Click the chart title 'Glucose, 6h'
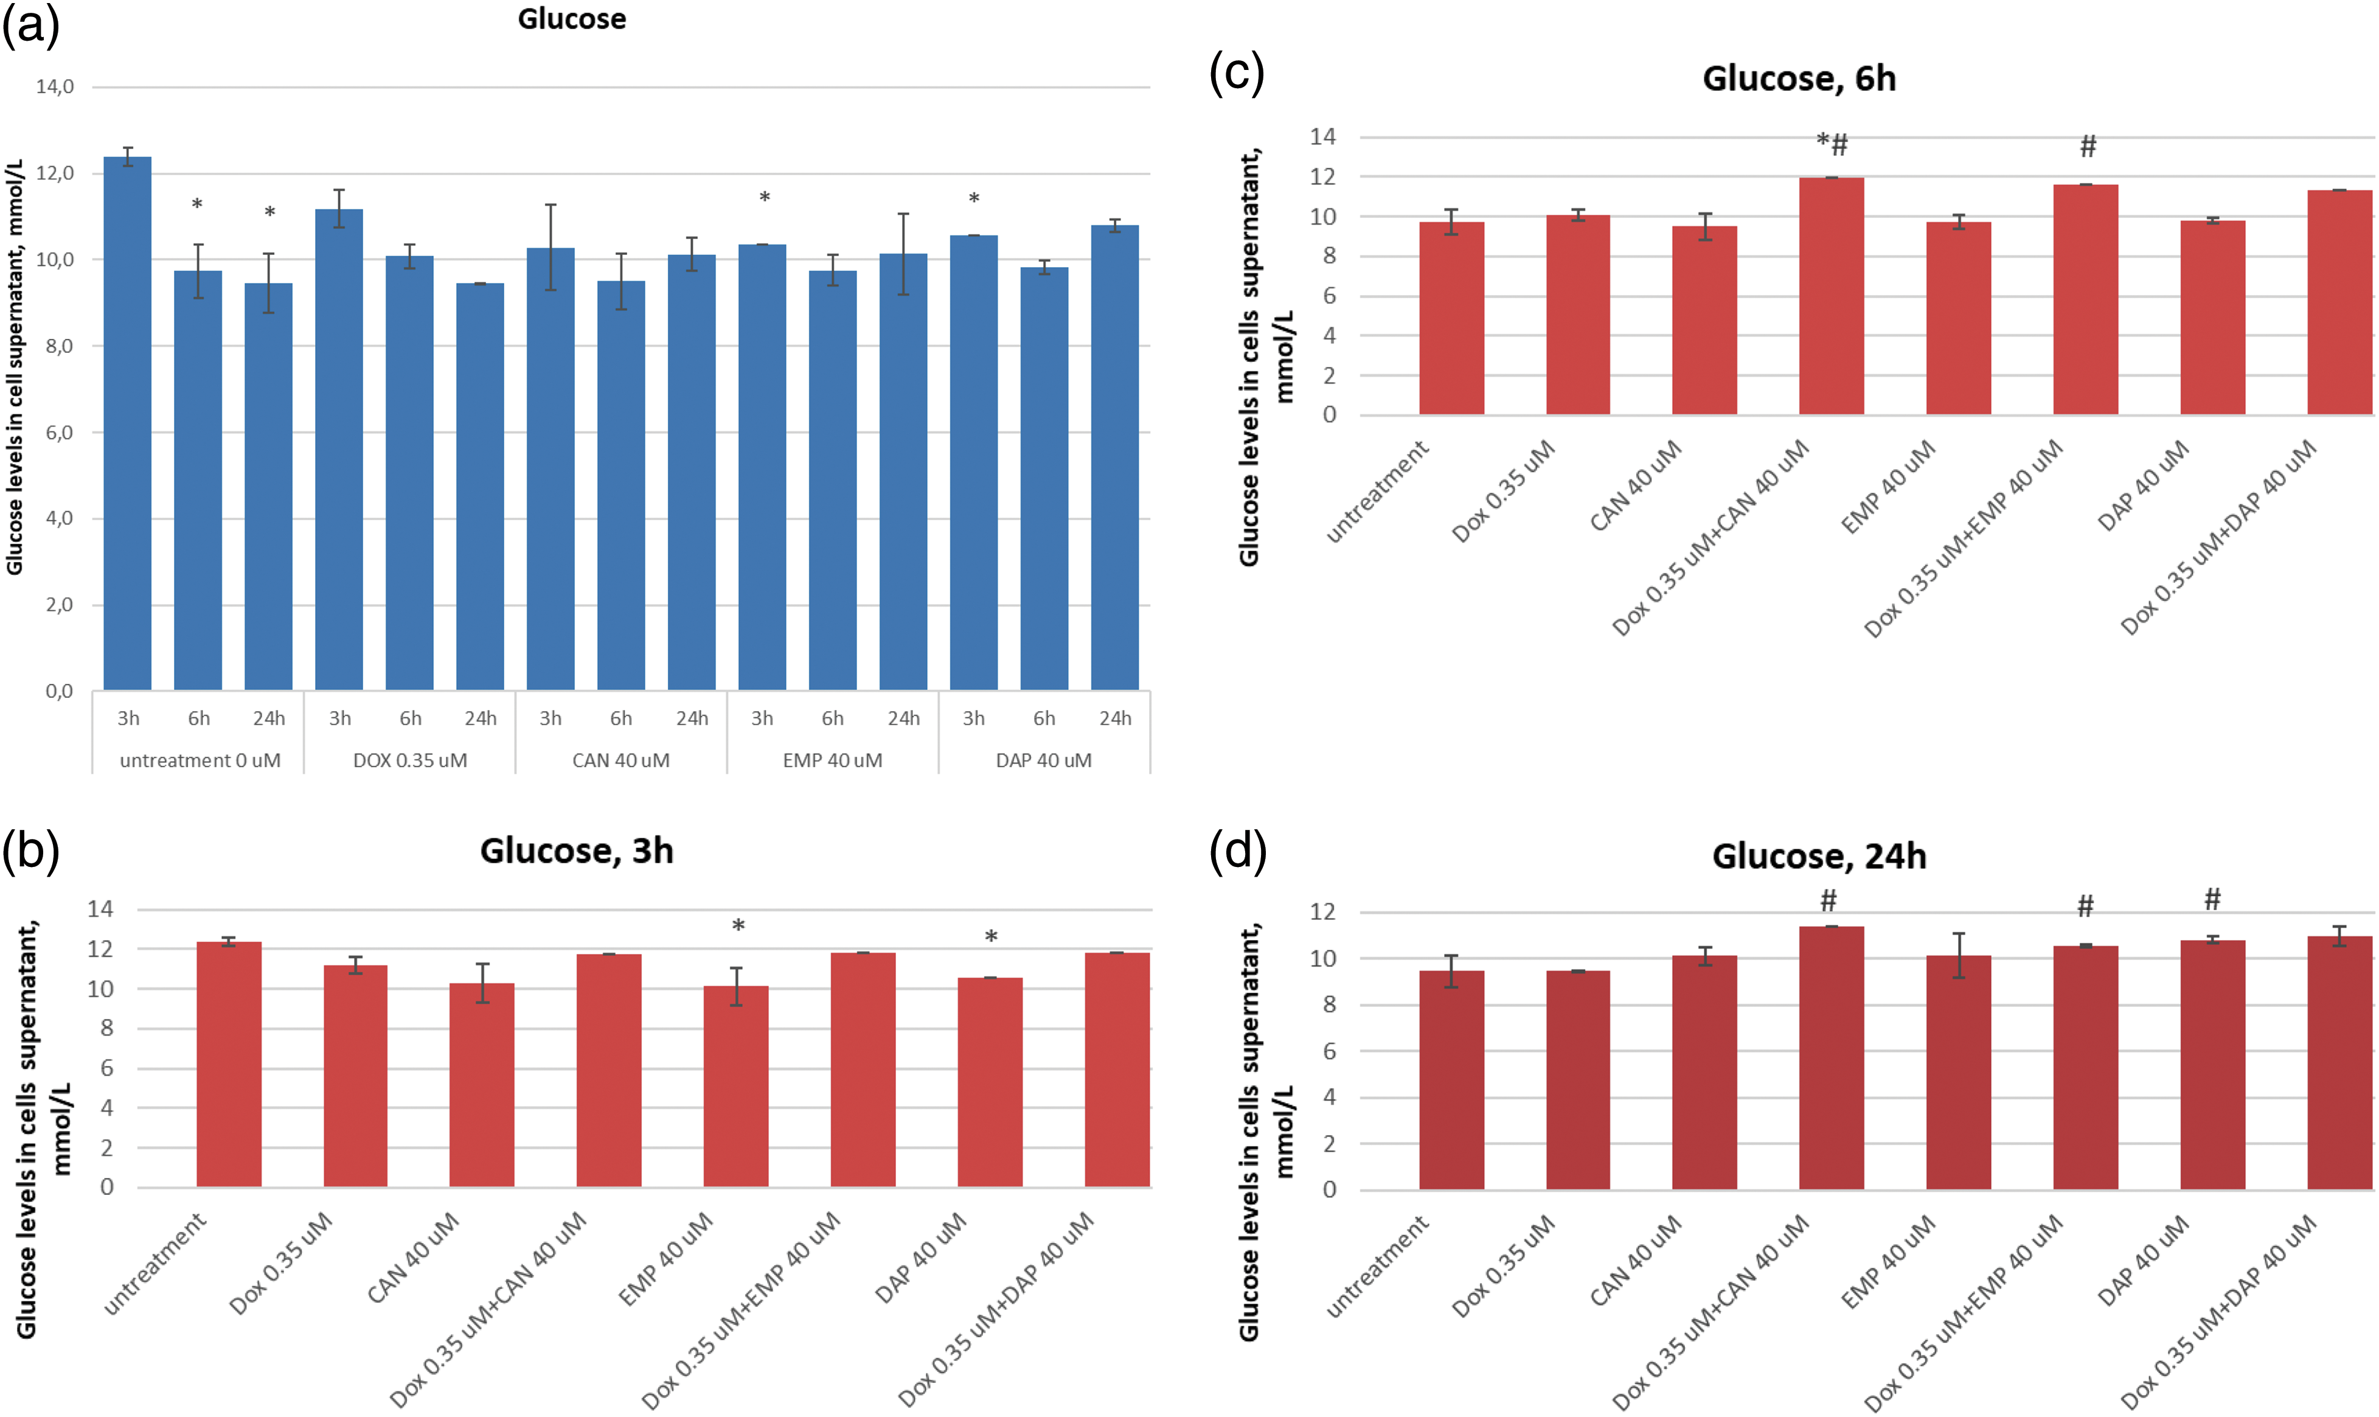(x=1799, y=78)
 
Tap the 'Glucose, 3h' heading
(x=577, y=850)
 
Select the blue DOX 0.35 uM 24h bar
(x=480, y=486)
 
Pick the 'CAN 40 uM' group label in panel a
(x=620, y=760)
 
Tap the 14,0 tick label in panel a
(x=54, y=87)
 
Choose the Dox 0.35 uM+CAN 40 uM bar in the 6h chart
(x=1831, y=296)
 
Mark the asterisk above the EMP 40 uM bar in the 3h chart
(x=738, y=926)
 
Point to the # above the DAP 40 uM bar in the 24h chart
(x=2212, y=899)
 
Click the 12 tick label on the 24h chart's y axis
(x=1322, y=912)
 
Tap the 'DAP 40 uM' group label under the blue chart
(x=1043, y=760)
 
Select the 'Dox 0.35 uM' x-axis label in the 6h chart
(x=1504, y=491)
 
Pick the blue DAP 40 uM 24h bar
(x=1115, y=458)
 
